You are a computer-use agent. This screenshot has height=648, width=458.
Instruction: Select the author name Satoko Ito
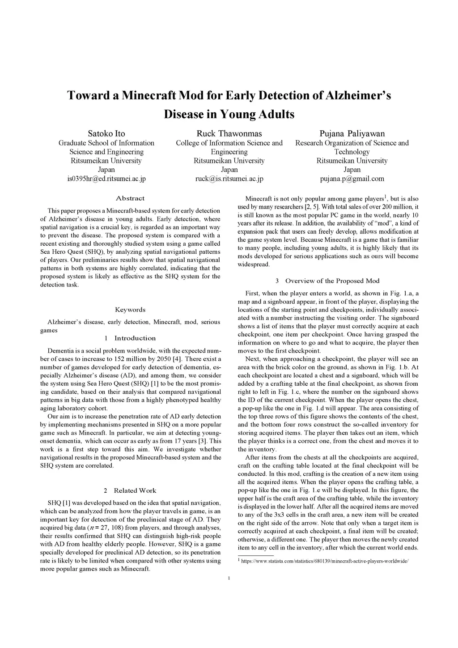(x=106, y=133)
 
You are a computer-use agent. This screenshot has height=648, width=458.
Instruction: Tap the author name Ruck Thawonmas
(x=229, y=133)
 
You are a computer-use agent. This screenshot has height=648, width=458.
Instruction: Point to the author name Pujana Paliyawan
(x=352, y=133)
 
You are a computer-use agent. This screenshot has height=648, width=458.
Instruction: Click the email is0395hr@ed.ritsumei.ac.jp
(x=106, y=179)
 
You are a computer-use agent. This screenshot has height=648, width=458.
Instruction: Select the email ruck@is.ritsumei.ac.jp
(x=229, y=179)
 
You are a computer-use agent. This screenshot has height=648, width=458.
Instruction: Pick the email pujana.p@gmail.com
(x=352, y=179)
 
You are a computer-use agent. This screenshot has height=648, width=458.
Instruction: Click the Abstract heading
(x=130, y=198)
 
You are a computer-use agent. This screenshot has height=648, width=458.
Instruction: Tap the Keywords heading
(x=130, y=310)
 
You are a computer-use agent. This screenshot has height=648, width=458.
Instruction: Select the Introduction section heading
(x=135, y=338)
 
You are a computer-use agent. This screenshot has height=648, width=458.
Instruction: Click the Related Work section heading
(x=135, y=490)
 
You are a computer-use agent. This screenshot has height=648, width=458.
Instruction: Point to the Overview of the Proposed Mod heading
(x=332, y=281)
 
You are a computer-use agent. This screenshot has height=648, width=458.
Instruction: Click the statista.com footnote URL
(x=325, y=561)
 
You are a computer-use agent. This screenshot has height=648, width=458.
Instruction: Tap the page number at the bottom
(x=229, y=578)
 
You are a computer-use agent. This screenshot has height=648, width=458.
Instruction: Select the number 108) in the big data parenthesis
(x=114, y=528)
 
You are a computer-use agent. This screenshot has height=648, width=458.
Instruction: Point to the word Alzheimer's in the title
(x=359, y=96)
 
